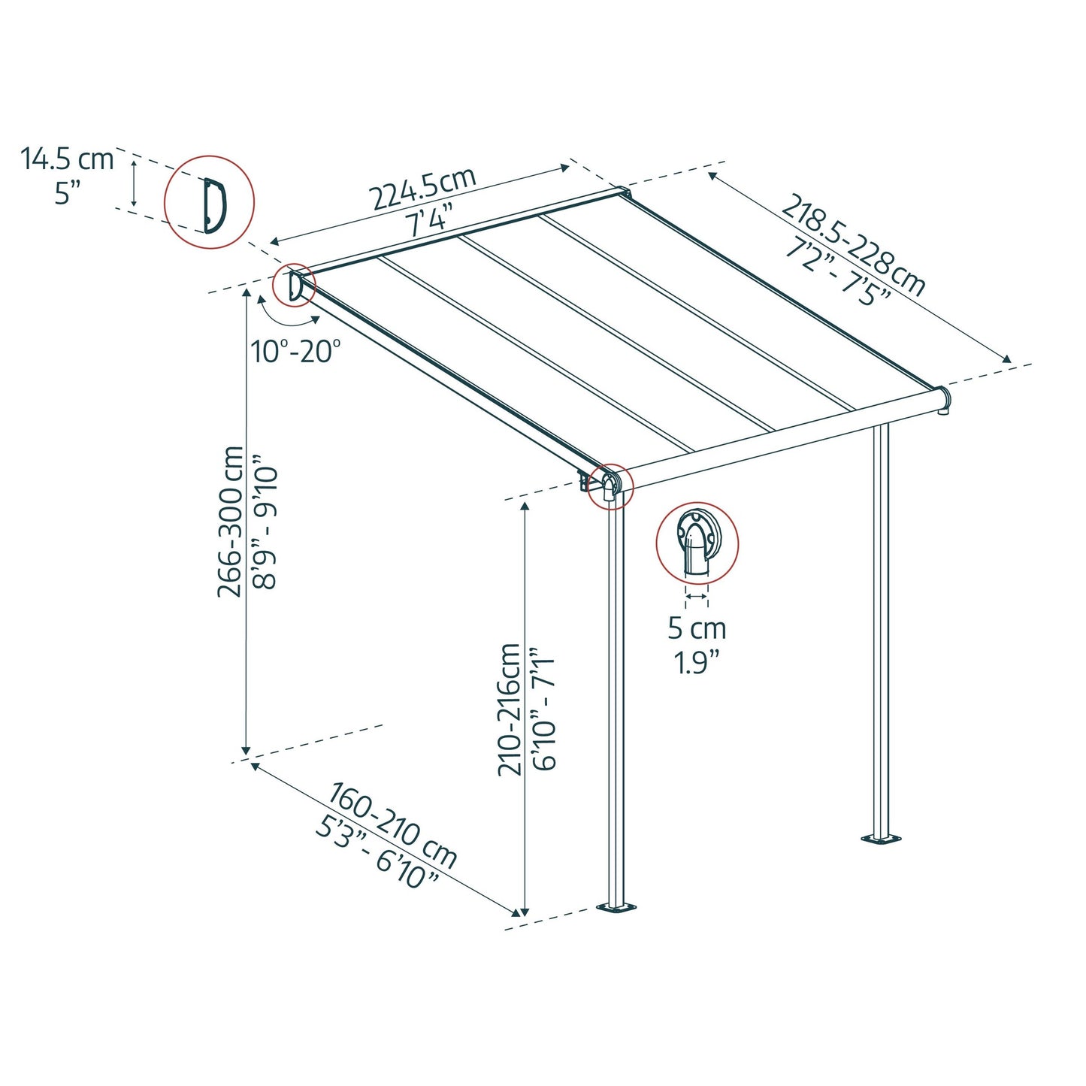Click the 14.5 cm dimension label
[67, 159]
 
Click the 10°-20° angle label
[296, 351]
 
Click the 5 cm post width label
[697, 628]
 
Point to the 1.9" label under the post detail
[696, 663]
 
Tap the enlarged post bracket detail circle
[697, 543]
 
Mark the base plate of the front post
[617, 908]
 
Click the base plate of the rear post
[880, 838]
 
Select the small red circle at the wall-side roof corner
[294, 286]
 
